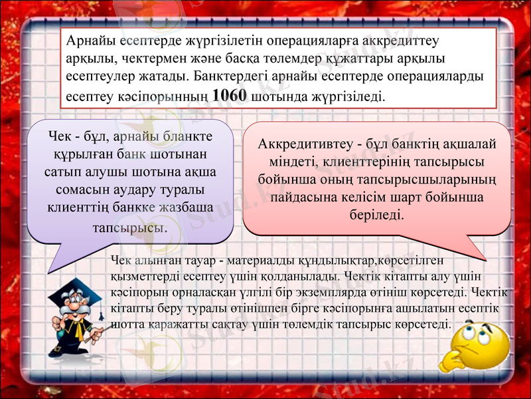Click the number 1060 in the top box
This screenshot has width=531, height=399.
coord(232,95)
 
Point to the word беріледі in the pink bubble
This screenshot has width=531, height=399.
coord(376,215)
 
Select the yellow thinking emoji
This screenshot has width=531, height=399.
coord(481,346)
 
